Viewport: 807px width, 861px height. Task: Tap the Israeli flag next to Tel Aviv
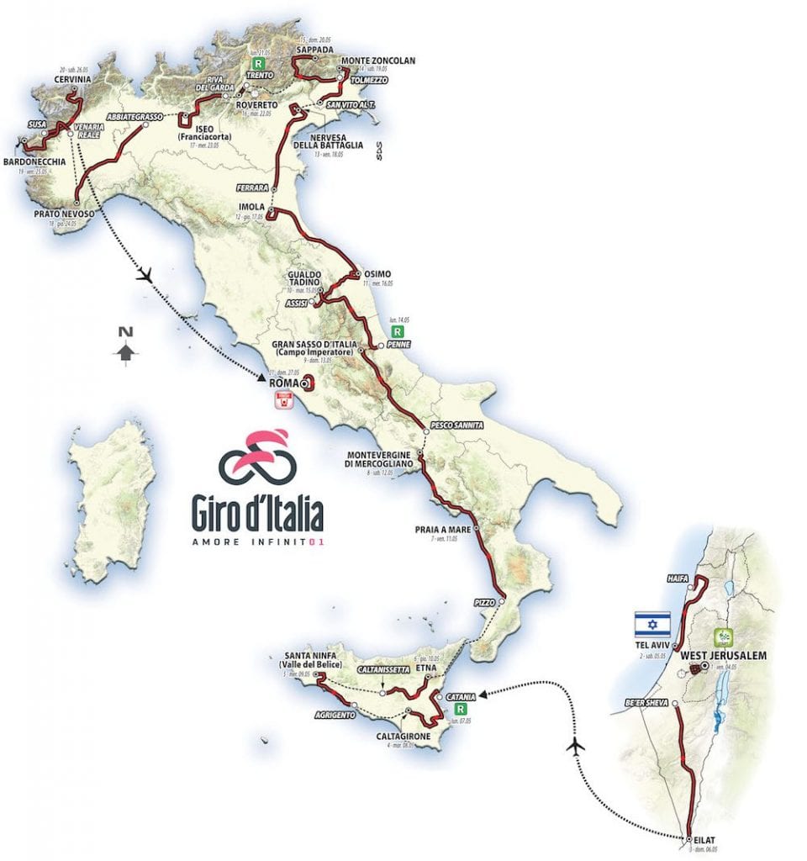pyautogui.click(x=652, y=624)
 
